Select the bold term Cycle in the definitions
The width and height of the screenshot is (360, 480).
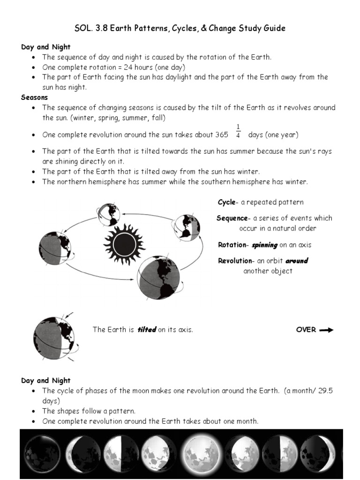point(227,202)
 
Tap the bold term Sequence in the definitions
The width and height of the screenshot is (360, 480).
point(232,218)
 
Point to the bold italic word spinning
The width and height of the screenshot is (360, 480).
point(264,245)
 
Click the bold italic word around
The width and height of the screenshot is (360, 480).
point(296,261)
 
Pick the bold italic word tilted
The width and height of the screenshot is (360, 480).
point(146,330)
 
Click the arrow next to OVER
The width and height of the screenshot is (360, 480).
point(326,330)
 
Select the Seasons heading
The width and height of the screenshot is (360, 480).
point(34,97)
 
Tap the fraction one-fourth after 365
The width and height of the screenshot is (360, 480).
point(238,131)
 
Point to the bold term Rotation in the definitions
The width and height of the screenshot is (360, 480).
point(232,245)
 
